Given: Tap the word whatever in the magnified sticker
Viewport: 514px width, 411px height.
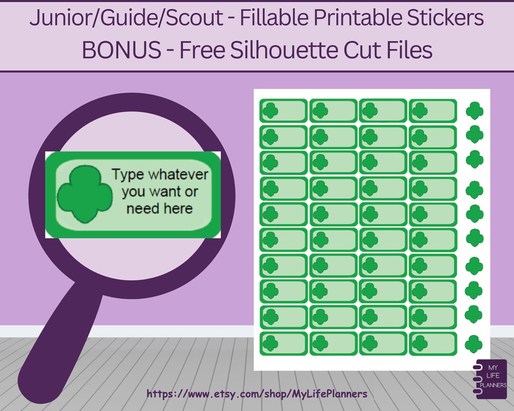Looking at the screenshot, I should (x=178, y=175).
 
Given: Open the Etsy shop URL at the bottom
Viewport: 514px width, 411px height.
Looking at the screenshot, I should (x=257, y=394).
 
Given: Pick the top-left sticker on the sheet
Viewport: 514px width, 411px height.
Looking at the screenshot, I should (x=283, y=111).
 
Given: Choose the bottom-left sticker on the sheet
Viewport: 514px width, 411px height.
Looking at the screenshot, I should (x=283, y=343).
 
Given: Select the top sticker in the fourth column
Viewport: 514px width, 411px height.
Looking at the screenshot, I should (x=433, y=111).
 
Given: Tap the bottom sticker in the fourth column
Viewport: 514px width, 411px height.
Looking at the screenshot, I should (x=433, y=343).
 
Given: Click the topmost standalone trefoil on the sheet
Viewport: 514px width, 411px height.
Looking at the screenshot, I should (x=474, y=111).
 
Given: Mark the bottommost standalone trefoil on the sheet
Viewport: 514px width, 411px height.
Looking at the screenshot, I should (x=474, y=343).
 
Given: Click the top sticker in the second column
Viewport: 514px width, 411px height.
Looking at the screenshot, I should (x=333, y=111).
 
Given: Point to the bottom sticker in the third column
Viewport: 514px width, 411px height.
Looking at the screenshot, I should (x=383, y=343).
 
